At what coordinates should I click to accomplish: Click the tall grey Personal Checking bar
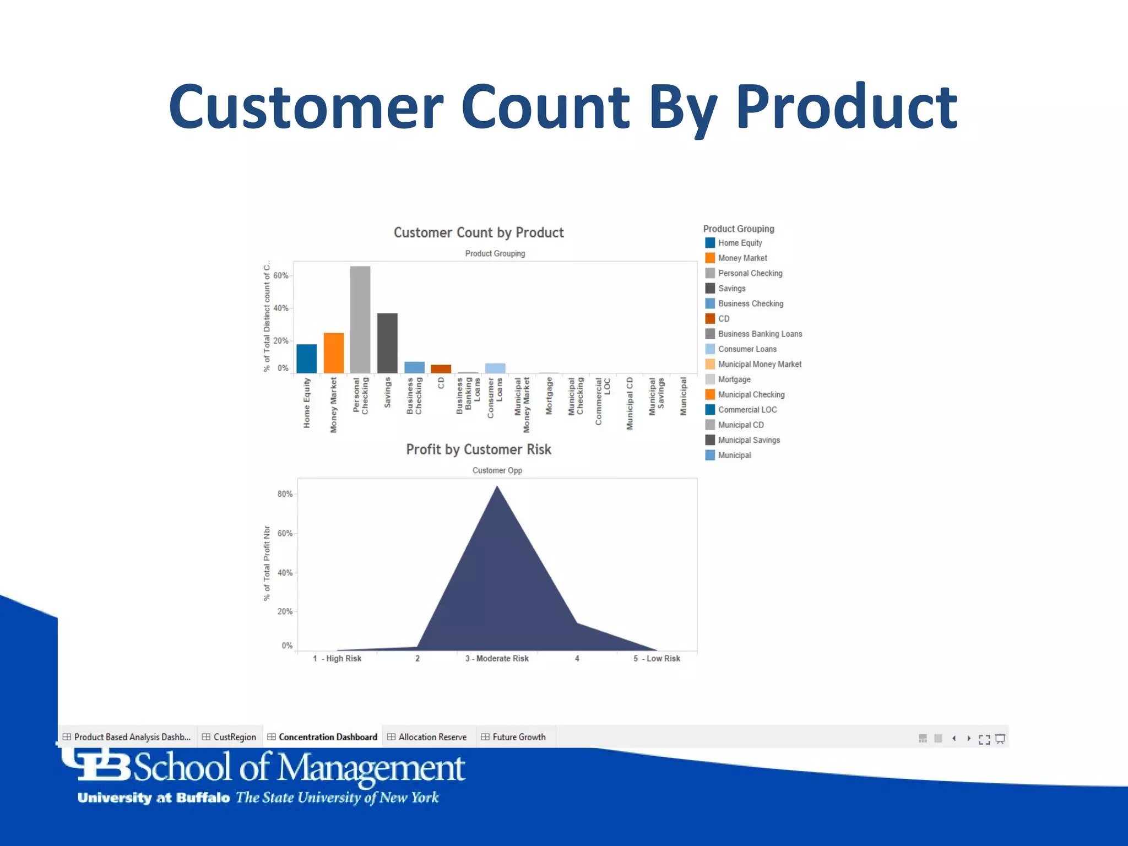(x=360, y=319)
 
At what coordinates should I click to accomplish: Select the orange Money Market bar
(x=334, y=353)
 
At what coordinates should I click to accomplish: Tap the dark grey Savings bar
(x=387, y=343)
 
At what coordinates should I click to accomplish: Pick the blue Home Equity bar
(x=307, y=359)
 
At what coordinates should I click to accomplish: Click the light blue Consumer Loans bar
(x=495, y=368)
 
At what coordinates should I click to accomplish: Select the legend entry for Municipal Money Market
(x=759, y=364)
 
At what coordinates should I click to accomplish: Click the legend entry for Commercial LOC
(x=747, y=410)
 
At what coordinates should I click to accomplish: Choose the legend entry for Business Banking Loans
(x=760, y=334)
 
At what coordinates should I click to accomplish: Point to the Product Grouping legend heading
(x=739, y=229)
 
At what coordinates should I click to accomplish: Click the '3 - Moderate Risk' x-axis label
(x=497, y=658)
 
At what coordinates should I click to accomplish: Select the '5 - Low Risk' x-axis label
(x=657, y=658)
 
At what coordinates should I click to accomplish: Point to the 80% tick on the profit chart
(x=285, y=494)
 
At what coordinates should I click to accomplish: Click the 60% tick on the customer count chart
(x=281, y=275)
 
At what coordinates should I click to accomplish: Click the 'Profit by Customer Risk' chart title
(x=479, y=449)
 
